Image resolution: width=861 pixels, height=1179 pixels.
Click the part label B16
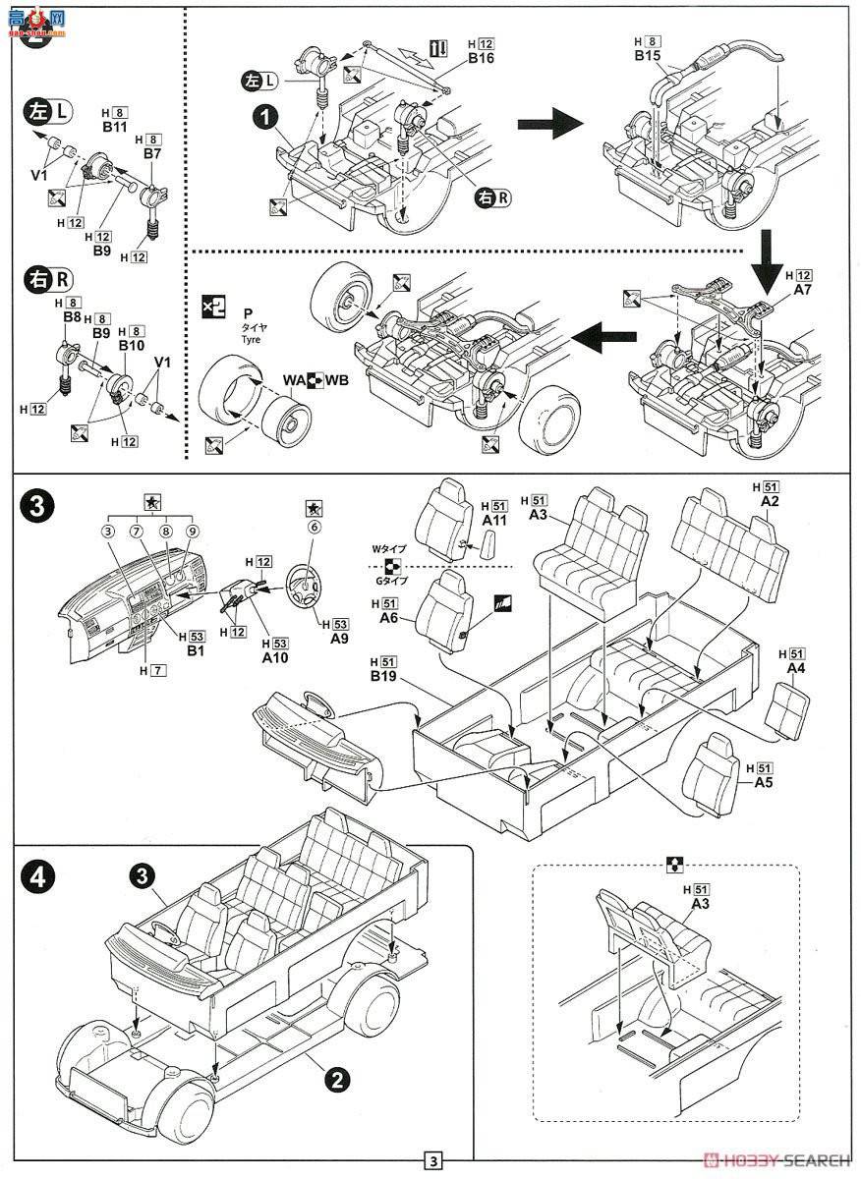(481, 59)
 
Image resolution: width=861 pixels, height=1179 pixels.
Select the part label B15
(647, 56)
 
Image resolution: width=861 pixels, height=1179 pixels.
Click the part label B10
(131, 346)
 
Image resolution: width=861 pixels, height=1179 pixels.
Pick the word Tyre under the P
(248, 339)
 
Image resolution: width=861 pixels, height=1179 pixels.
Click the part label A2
(769, 501)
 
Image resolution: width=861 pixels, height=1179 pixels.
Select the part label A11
(494, 519)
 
